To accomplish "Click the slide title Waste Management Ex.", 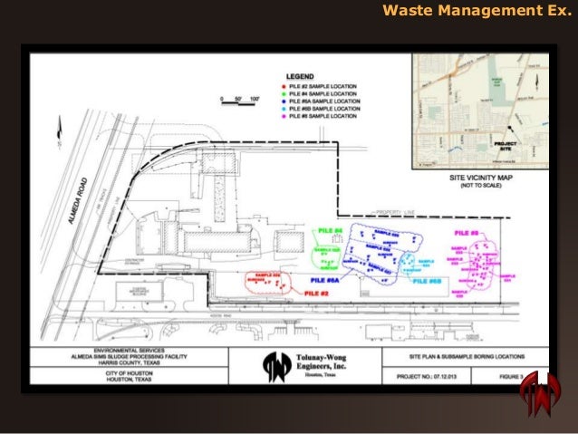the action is tap(477, 13).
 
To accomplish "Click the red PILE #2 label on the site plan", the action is tap(315, 294).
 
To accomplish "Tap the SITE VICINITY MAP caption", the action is tap(481, 179).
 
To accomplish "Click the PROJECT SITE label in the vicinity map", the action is tap(505, 144).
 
